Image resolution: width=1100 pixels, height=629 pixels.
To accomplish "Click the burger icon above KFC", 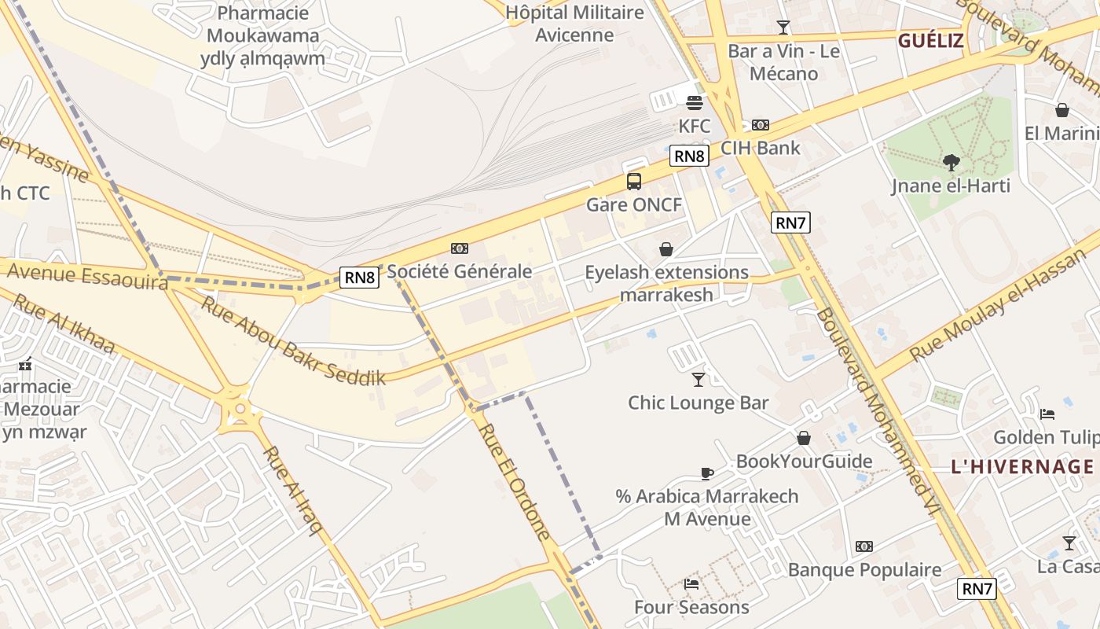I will [694, 102].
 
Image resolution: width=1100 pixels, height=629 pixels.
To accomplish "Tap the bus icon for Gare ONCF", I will [633, 182].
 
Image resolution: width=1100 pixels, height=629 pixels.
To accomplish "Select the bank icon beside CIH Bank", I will [760, 125].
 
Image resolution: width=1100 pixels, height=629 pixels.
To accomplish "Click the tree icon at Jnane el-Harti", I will [951, 163].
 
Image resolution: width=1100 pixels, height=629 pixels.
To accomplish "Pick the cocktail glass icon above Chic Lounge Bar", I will [698, 380].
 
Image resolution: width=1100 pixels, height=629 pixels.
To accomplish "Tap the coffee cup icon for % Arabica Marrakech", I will [706, 473].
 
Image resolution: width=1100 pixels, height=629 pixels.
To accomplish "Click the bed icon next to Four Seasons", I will [691, 584].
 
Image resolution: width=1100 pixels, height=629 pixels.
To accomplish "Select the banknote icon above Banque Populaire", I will [864, 546].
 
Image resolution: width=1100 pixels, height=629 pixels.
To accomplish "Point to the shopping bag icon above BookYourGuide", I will [804, 438].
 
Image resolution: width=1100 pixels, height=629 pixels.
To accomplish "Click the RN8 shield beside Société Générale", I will [360, 277].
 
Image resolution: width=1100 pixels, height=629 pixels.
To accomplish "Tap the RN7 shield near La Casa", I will [977, 588].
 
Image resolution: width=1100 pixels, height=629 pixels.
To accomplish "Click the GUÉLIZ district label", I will [931, 41].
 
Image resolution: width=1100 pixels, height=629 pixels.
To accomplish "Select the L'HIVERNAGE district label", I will [1022, 467].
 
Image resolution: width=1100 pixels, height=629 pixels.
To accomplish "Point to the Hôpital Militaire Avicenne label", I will [574, 24].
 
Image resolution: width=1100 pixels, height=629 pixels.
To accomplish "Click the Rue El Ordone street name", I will [514, 481].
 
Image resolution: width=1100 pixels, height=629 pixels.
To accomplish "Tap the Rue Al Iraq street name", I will [293, 491].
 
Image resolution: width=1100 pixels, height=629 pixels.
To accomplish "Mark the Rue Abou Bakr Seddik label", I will [294, 340].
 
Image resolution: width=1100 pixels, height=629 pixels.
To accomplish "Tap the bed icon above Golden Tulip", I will [1047, 414].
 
